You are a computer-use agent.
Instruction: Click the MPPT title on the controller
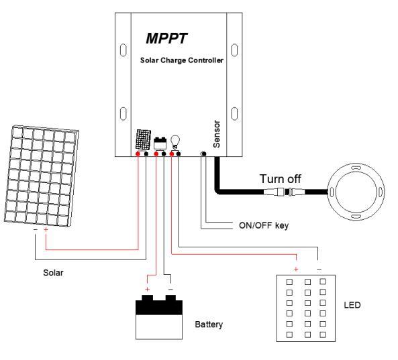[x=166, y=38]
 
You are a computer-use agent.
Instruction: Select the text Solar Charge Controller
[x=182, y=60]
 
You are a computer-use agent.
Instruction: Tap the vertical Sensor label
[x=217, y=134]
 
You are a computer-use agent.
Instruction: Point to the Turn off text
[x=281, y=179]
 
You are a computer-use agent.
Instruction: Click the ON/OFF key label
[x=264, y=225]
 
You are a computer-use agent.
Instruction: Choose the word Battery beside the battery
[x=209, y=324]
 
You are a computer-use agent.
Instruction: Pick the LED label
[x=352, y=305]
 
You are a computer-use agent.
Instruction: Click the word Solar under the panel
[x=53, y=273]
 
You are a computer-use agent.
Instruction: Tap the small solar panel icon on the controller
[x=143, y=139]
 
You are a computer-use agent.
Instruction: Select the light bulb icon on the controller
[x=175, y=142]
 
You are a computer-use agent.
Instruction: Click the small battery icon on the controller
[x=160, y=143]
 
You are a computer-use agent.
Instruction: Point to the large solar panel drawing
[x=42, y=176]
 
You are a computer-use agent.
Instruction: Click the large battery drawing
[x=159, y=317]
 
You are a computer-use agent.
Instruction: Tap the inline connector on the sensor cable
[x=286, y=192]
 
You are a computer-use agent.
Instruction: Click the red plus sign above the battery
[x=147, y=290]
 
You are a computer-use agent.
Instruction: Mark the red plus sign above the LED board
[x=296, y=269]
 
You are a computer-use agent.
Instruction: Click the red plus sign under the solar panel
[x=46, y=230]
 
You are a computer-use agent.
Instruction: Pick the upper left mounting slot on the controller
[x=123, y=50]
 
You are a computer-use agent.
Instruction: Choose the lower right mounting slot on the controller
[x=234, y=113]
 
